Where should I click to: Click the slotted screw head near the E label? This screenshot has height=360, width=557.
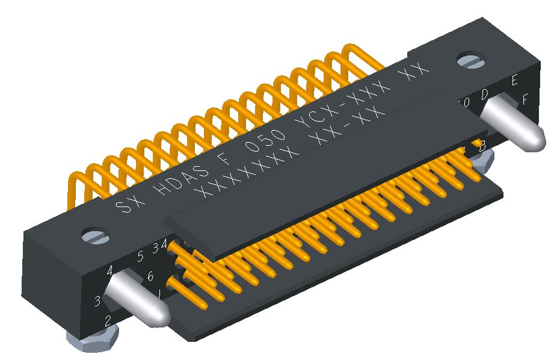[x=470, y=60]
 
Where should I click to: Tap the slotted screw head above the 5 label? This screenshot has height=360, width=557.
[x=94, y=234]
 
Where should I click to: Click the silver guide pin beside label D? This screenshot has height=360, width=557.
[x=516, y=127]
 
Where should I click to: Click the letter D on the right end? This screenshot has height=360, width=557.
[x=485, y=94]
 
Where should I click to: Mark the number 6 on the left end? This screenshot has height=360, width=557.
[x=150, y=277]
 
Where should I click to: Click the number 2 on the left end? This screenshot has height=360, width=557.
[x=108, y=320]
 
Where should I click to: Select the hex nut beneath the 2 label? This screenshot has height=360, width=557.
[x=90, y=345]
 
